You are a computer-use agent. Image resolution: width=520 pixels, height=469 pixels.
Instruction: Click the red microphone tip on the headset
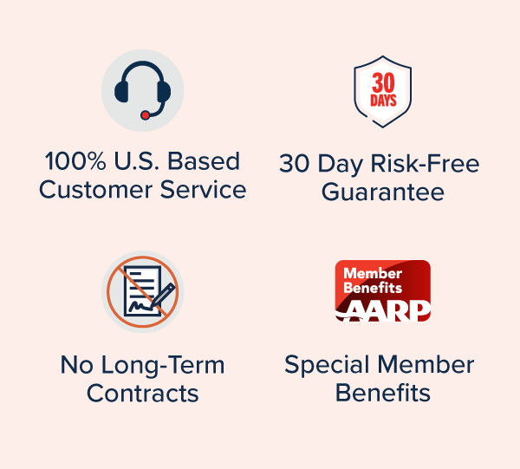click(x=145, y=115)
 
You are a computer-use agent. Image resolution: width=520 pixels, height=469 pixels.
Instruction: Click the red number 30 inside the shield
click(x=383, y=82)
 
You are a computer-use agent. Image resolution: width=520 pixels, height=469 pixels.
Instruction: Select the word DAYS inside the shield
click(x=383, y=101)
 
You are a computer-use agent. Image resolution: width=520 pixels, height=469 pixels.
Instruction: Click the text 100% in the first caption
click(x=75, y=161)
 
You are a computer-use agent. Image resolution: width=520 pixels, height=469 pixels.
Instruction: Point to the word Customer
click(x=96, y=190)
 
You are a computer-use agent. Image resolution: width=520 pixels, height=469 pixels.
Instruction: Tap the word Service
click(x=204, y=190)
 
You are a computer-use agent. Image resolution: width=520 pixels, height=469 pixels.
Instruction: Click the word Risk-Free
click(x=425, y=164)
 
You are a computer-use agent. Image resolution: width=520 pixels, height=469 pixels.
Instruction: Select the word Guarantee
click(x=383, y=192)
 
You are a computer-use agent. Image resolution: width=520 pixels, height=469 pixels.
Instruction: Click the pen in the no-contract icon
click(x=163, y=296)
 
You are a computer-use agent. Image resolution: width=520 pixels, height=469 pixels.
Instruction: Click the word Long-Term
click(x=163, y=366)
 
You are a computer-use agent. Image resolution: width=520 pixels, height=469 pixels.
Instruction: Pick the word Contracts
click(x=143, y=394)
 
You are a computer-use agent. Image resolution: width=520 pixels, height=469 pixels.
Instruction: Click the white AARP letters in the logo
click(x=386, y=310)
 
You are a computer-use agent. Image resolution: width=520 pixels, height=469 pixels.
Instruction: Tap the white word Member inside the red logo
click(x=373, y=273)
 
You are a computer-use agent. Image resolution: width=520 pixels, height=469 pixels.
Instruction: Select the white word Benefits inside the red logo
click(x=373, y=288)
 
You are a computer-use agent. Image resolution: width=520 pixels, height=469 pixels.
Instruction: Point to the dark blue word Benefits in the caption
click(x=383, y=393)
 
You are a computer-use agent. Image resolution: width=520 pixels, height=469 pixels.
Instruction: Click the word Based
click(x=204, y=161)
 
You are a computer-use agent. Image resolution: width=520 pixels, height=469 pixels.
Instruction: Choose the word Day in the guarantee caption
click(x=341, y=165)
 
